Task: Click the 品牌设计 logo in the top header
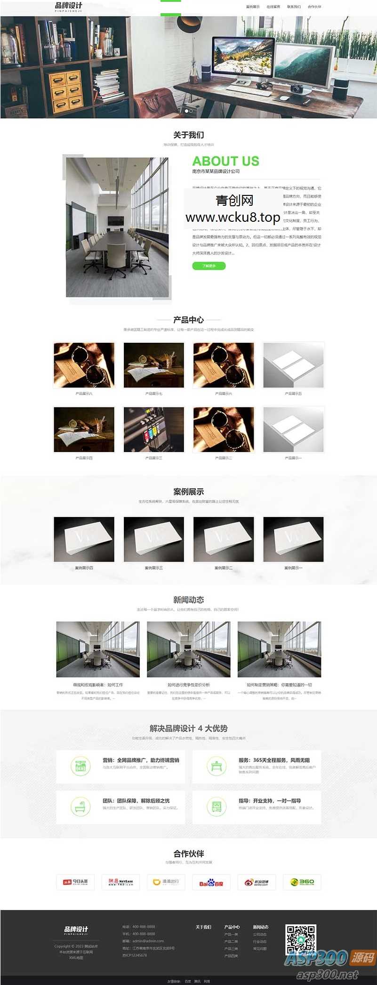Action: [x=68, y=7]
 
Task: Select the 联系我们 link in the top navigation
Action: [x=294, y=7]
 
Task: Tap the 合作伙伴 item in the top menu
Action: [x=314, y=7]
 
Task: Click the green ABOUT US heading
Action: [x=225, y=161]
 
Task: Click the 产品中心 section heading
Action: [x=188, y=320]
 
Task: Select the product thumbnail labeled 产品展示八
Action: [x=84, y=365]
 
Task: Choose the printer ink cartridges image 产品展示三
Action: [x=154, y=429]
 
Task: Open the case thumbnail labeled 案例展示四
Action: [x=84, y=539]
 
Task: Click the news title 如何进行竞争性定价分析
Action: [x=189, y=685]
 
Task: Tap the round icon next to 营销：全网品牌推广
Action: [x=80, y=766]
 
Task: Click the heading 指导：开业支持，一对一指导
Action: [x=270, y=800]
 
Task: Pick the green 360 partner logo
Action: [x=302, y=882]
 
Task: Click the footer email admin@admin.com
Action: [x=148, y=941]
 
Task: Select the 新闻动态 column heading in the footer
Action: [x=261, y=927]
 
